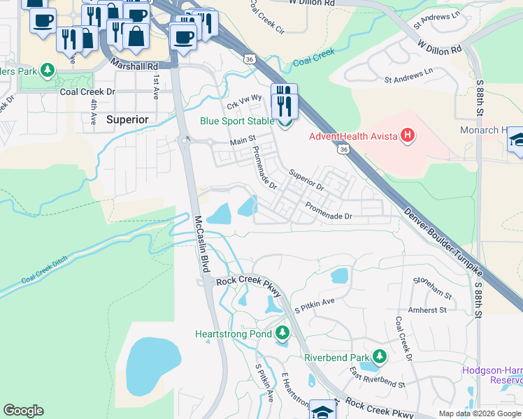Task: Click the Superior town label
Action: point(127,119)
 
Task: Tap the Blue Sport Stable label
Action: point(237,121)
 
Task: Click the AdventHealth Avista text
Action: point(353,136)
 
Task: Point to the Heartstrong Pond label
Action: point(233,333)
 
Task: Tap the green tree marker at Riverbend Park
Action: point(379,357)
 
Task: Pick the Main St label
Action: point(243,142)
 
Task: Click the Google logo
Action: point(23,411)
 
